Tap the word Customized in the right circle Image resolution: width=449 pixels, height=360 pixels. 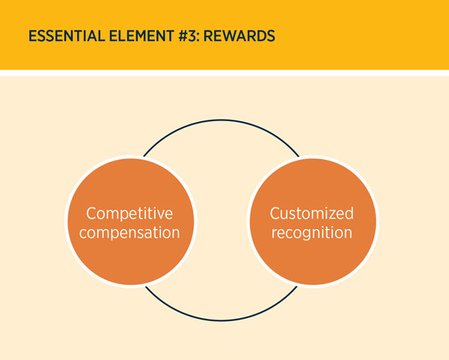(x=311, y=213)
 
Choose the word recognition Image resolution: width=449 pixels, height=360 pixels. (x=311, y=233)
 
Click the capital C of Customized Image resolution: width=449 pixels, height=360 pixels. (x=275, y=213)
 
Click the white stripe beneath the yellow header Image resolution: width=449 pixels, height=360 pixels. (x=224, y=73)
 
